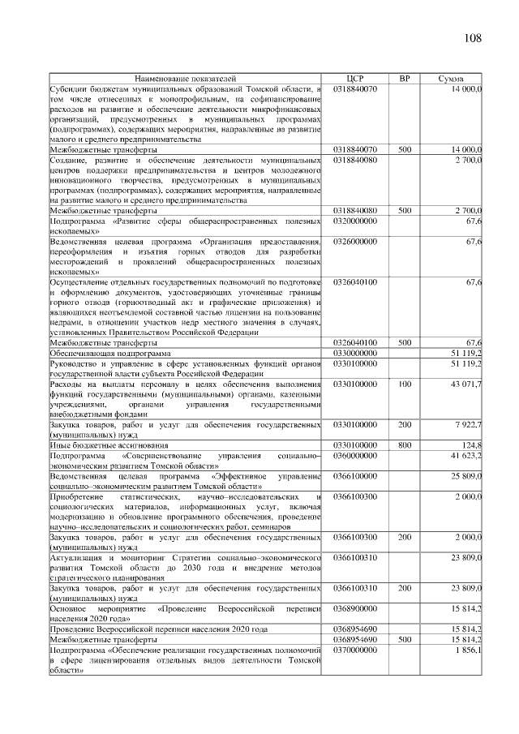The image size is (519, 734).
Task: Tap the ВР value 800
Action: click(405, 445)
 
